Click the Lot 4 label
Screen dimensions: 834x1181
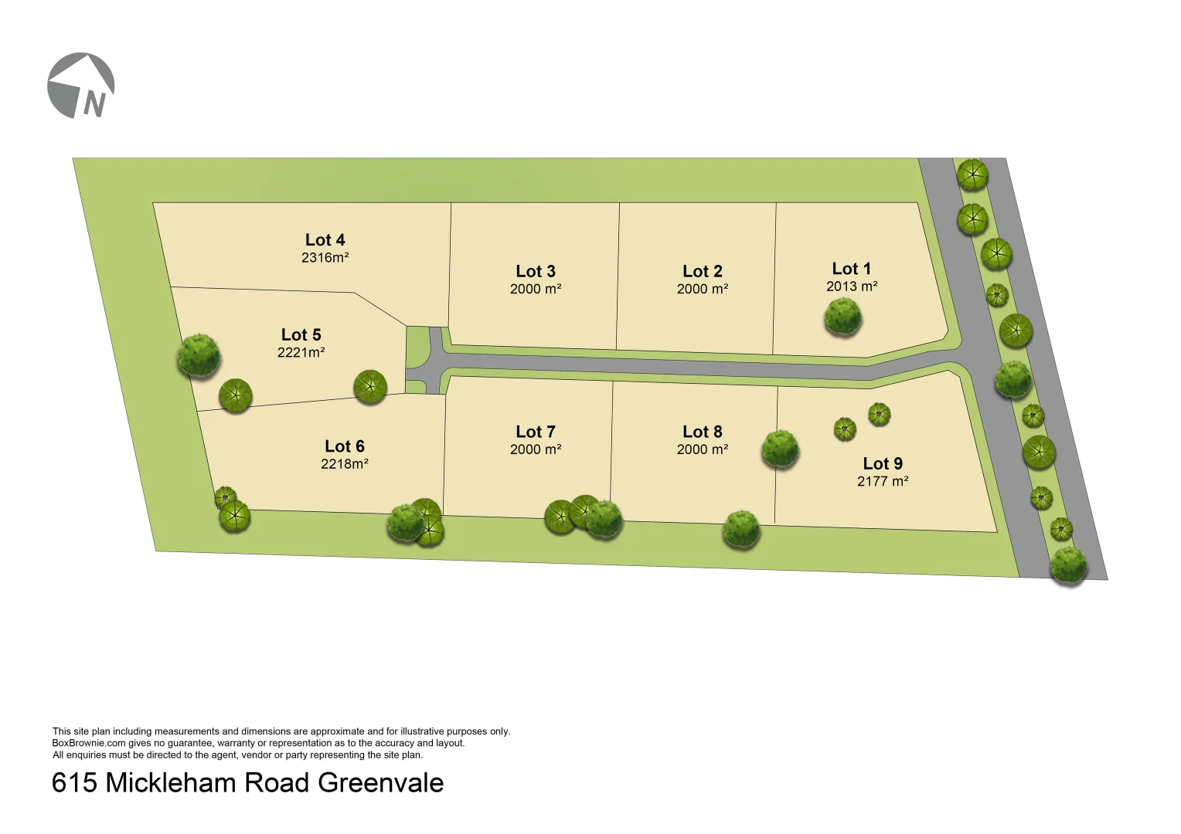[325, 240]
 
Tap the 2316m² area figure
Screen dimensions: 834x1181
[325, 258]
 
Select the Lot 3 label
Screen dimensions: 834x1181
[536, 272]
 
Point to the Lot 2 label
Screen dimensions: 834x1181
[703, 272]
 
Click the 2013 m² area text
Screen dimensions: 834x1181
[852, 286]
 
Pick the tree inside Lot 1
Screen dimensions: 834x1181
[842, 317]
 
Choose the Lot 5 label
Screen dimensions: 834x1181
[301, 335]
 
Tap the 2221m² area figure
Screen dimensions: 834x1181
[301, 353]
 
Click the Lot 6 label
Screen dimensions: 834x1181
[344, 446]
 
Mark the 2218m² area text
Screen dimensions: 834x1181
[344, 464]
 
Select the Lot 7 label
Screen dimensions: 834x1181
[536, 432]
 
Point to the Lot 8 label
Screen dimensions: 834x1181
[703, 432]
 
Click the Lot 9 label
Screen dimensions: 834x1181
[883, 464]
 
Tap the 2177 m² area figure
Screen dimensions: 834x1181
[883, 481]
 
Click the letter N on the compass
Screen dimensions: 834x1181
[94, 103]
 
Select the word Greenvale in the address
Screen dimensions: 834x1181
[380, 783]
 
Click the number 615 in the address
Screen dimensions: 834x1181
[74, 783]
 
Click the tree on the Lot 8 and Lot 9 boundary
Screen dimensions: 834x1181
[780, 449]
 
